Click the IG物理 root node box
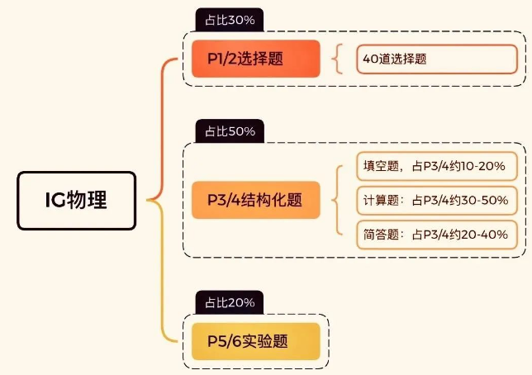coord(75,200)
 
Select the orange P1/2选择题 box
coord(255,59)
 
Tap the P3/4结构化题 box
coord(255,200)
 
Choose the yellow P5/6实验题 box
coord(255,340)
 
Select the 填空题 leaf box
coord(435,166)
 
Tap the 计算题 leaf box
coord(435,200)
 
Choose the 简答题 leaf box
coord(435,234)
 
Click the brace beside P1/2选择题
coord(336,59)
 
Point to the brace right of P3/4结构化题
coord(336,200)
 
